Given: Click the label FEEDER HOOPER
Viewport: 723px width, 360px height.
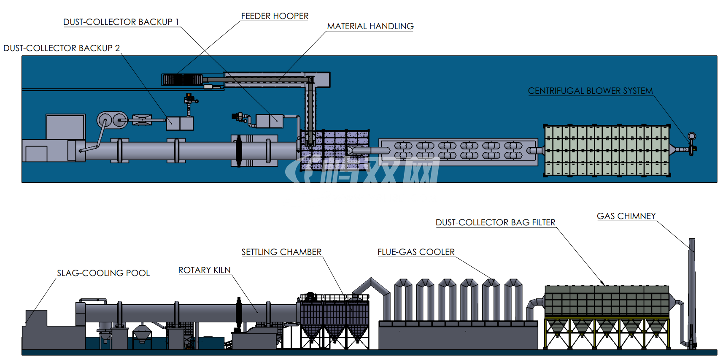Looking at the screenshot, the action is coord(275,16).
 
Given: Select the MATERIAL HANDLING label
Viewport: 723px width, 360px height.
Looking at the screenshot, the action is coord(370,26).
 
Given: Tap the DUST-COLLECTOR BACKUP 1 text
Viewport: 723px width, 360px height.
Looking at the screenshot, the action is coord(121,22).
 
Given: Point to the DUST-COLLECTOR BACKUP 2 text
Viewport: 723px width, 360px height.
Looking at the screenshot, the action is coord(62,48).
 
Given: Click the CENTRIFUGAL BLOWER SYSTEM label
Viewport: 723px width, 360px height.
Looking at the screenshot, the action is coord(591,91).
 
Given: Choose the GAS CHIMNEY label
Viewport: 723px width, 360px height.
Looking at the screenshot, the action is coord(626,216).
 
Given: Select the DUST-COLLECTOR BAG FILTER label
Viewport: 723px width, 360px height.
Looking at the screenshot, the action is coord(496,222).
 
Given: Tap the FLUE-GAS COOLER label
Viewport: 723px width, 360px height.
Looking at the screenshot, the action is coord(416,252).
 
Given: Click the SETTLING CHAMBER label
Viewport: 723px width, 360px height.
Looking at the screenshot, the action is coord(281,252).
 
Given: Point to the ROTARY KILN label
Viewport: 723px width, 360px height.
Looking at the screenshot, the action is coord(204,270).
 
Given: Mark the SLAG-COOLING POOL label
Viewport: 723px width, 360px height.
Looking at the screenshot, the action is coord(103,273).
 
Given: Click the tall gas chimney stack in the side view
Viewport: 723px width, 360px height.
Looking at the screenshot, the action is coord(692,293).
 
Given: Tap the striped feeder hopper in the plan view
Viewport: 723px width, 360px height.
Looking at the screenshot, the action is coord(182,79).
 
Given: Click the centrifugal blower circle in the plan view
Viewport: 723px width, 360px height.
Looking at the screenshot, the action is coord(692,136).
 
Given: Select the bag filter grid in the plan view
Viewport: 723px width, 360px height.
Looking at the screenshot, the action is coord(607,151).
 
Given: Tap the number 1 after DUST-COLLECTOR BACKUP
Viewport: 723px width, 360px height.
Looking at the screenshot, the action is coord(177,22).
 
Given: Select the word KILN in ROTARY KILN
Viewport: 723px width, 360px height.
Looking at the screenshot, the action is coord(222,270).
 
